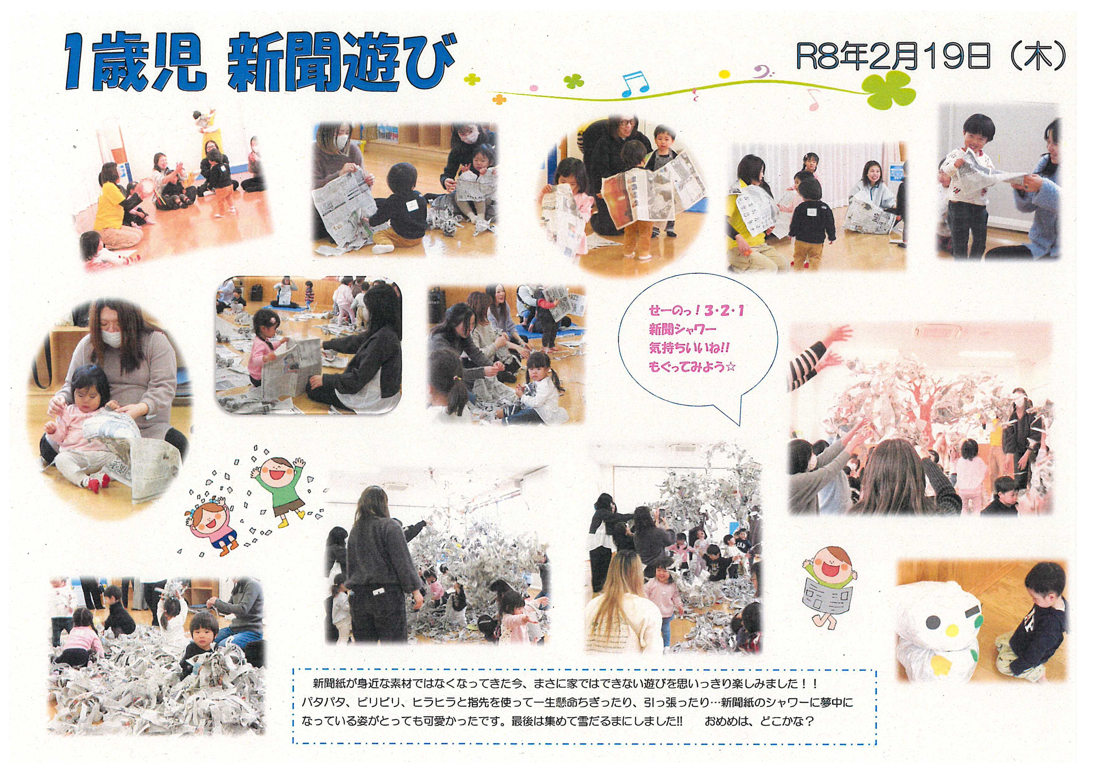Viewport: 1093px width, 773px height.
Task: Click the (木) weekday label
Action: point(1033,57)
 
